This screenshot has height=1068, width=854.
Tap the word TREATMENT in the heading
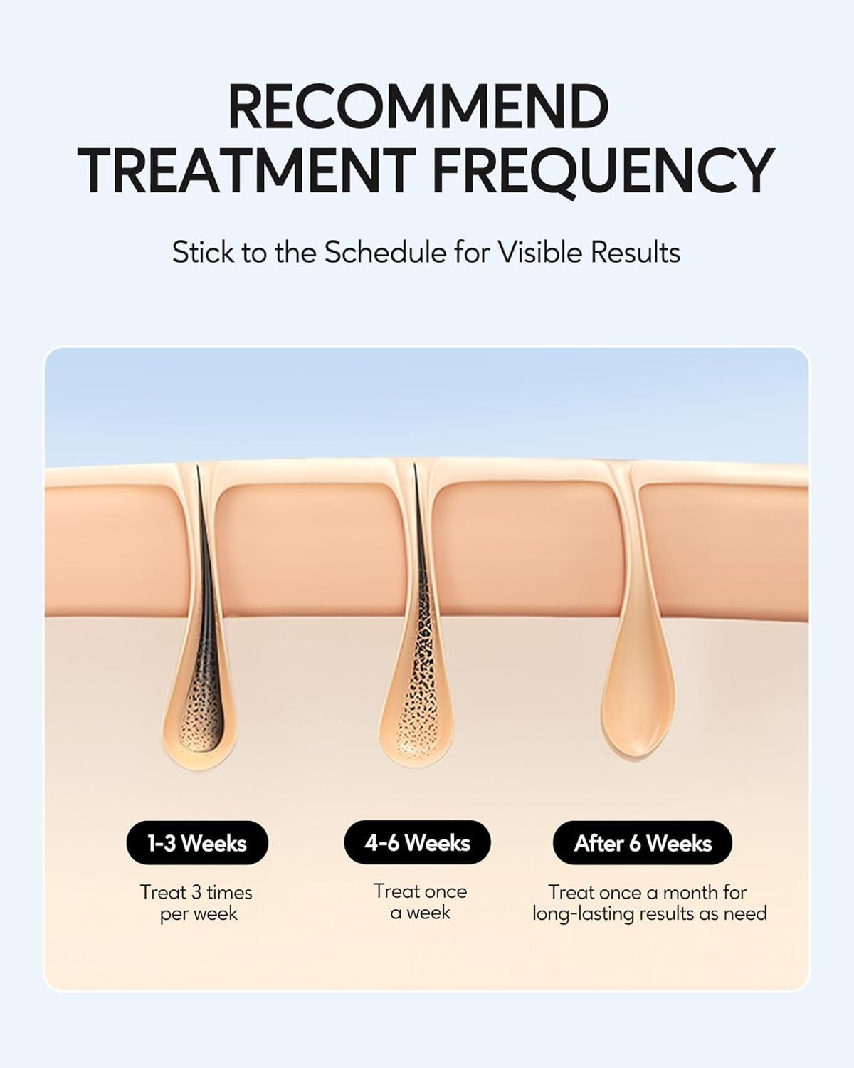[246, 170]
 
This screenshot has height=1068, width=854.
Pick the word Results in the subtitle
[636, 253]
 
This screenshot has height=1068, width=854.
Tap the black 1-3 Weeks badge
[197, 843]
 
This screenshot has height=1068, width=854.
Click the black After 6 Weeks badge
[643, 843]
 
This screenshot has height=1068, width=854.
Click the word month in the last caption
[691, 893]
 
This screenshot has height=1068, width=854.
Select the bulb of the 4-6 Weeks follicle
[416, 720]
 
